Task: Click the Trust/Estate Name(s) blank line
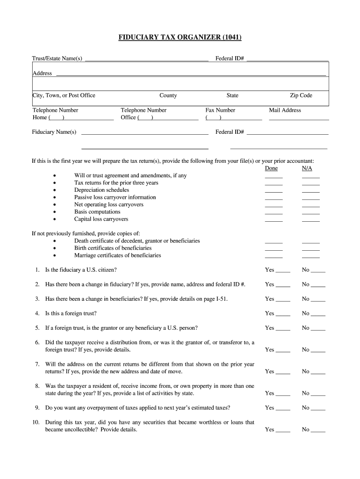point(146,59)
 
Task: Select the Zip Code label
point(301,95)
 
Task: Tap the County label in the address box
point(168,95)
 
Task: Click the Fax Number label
point(220,110)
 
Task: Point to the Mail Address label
point(285,110)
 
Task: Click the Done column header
point(271,168)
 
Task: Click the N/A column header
point(307,168)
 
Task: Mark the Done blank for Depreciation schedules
point(274,191)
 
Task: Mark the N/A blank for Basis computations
point(311,213)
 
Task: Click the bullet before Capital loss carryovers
point(55,219)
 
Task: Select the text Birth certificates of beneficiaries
point(113,248)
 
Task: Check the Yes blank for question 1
point(283,271)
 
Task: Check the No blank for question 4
point(318,314)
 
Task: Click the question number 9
point(36,408)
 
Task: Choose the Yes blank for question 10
point(283,430)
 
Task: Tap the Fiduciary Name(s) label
point(54,132)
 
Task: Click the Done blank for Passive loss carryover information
point(274,198)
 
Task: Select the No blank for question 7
point(318,372)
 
